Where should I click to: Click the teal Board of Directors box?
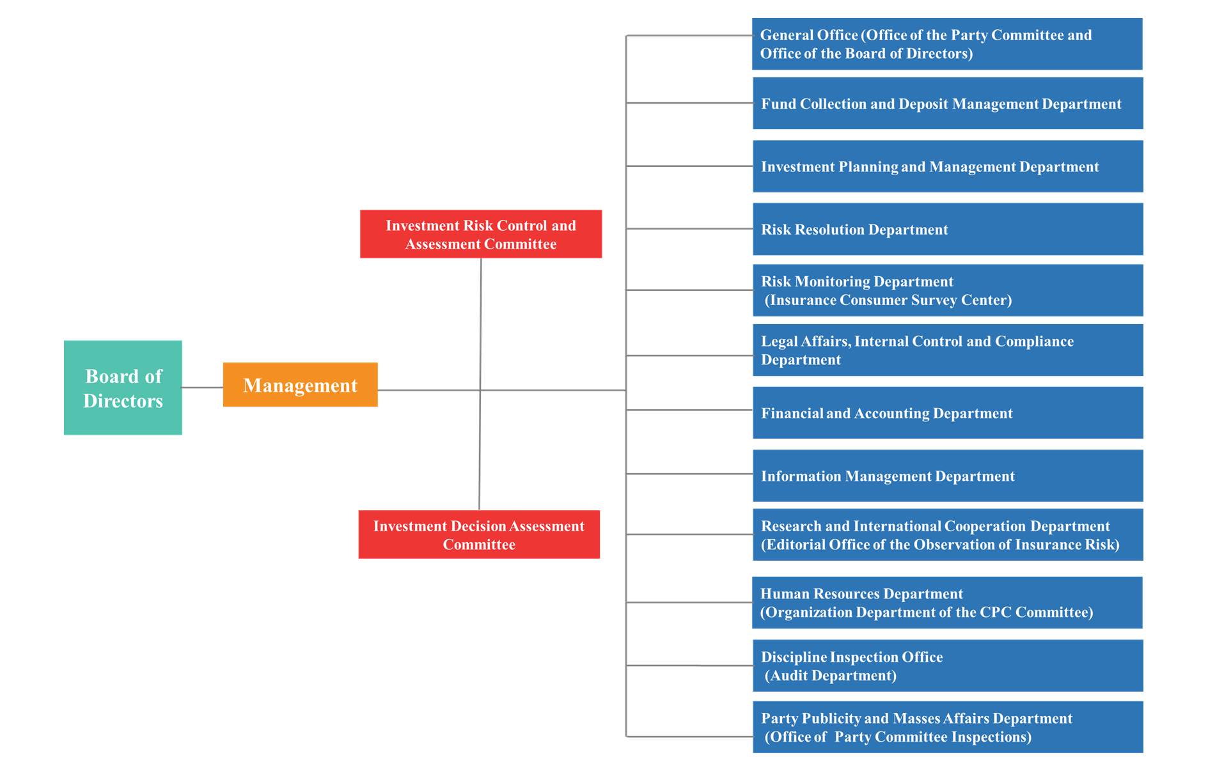coord(123,387)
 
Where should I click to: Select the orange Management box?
coord(301,385)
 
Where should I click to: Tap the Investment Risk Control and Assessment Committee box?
coord(481,234)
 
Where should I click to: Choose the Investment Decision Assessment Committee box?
coord(479,535)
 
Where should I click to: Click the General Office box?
coord(947,44)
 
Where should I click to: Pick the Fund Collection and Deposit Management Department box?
coord(948,104)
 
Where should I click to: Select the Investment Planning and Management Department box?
coord(948,166)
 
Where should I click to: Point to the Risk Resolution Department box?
coord(948,229)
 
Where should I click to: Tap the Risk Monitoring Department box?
coord(948,290)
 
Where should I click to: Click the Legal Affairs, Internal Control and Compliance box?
coord(948,350)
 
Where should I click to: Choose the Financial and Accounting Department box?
coord(948,413)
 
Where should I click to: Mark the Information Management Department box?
coord(948,476)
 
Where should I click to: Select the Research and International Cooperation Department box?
coord(948,535)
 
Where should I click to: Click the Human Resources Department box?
coord(947,603)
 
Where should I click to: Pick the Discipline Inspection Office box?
coord(948,666)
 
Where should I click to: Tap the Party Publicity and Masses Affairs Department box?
coord(948,727)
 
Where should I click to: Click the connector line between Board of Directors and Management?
coord(203,387)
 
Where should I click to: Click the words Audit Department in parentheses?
coord(831,675)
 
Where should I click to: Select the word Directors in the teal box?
coord(123,401)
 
